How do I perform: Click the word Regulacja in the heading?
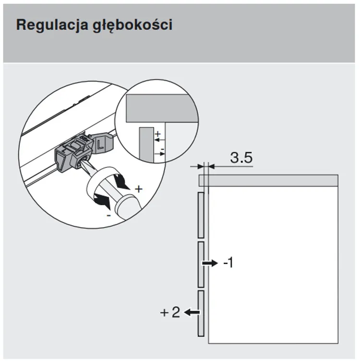pos(52,25)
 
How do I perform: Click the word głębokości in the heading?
pos(132,25)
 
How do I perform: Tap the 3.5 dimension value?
pos(241,158)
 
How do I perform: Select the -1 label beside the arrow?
pos(228,263)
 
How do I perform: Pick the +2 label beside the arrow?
pos(170,312)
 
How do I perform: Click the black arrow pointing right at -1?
pos(210,263)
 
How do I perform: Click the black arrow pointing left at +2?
pos(192,312)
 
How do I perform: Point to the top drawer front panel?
pos(201,215)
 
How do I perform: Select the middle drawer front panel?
pos(201,265)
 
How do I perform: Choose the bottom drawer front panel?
pos(201,313)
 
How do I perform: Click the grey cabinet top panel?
pos(268,181)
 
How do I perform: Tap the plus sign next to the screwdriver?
pos(139,189)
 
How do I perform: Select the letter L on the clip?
pos(100,145)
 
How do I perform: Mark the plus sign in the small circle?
pos(158,134)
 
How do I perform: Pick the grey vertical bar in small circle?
pos(146,144)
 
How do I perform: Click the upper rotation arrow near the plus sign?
pos(121,182)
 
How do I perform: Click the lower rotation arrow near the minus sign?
pos(102,200)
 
